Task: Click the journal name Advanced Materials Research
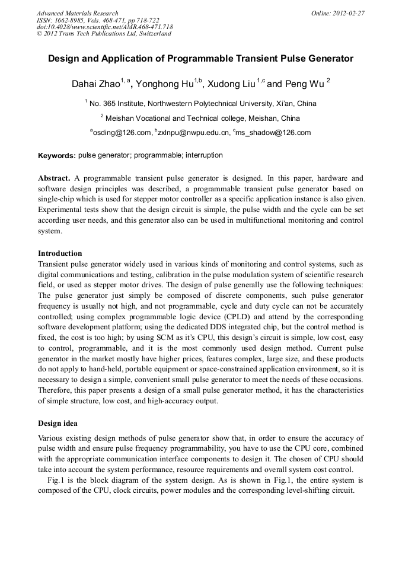click(77, 13)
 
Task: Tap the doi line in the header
click(104, 27)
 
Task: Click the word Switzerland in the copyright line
click(152, 34)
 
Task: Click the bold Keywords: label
click(56, 156)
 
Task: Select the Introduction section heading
click(60, 253)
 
